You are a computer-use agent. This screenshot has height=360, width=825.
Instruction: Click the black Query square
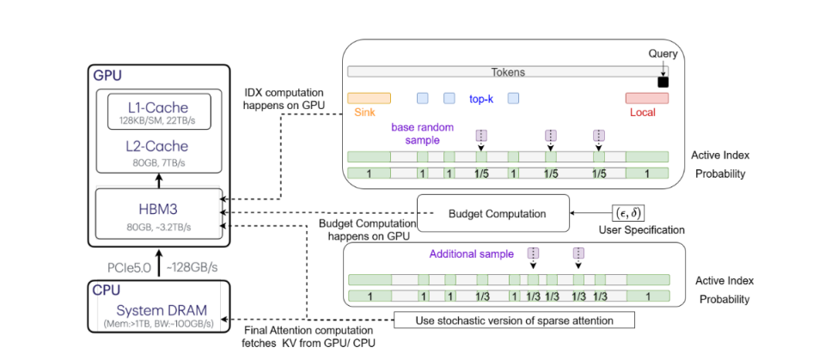pyautogui.click(x=663, y=82)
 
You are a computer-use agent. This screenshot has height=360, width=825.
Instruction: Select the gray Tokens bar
pyautogui.click(x=507, y=73)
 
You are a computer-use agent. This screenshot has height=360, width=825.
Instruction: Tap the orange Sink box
pyautogui.click(x=369, y=98)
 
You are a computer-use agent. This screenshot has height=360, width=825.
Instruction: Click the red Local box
pyautogui.click(x=646, y=98)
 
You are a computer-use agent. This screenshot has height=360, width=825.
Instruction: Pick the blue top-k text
pyautogui.click(x=480, y=99)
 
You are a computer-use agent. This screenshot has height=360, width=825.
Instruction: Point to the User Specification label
pyautogui.click(x=641, y=230)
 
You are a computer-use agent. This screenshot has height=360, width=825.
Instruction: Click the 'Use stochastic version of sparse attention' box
pyautogui.click(x=514, y=320)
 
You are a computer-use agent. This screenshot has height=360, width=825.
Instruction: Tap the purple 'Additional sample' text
pyautogui.click(x=470, y=254)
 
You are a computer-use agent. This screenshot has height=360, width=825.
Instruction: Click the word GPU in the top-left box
pyautogui.click(x=108, y=76)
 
